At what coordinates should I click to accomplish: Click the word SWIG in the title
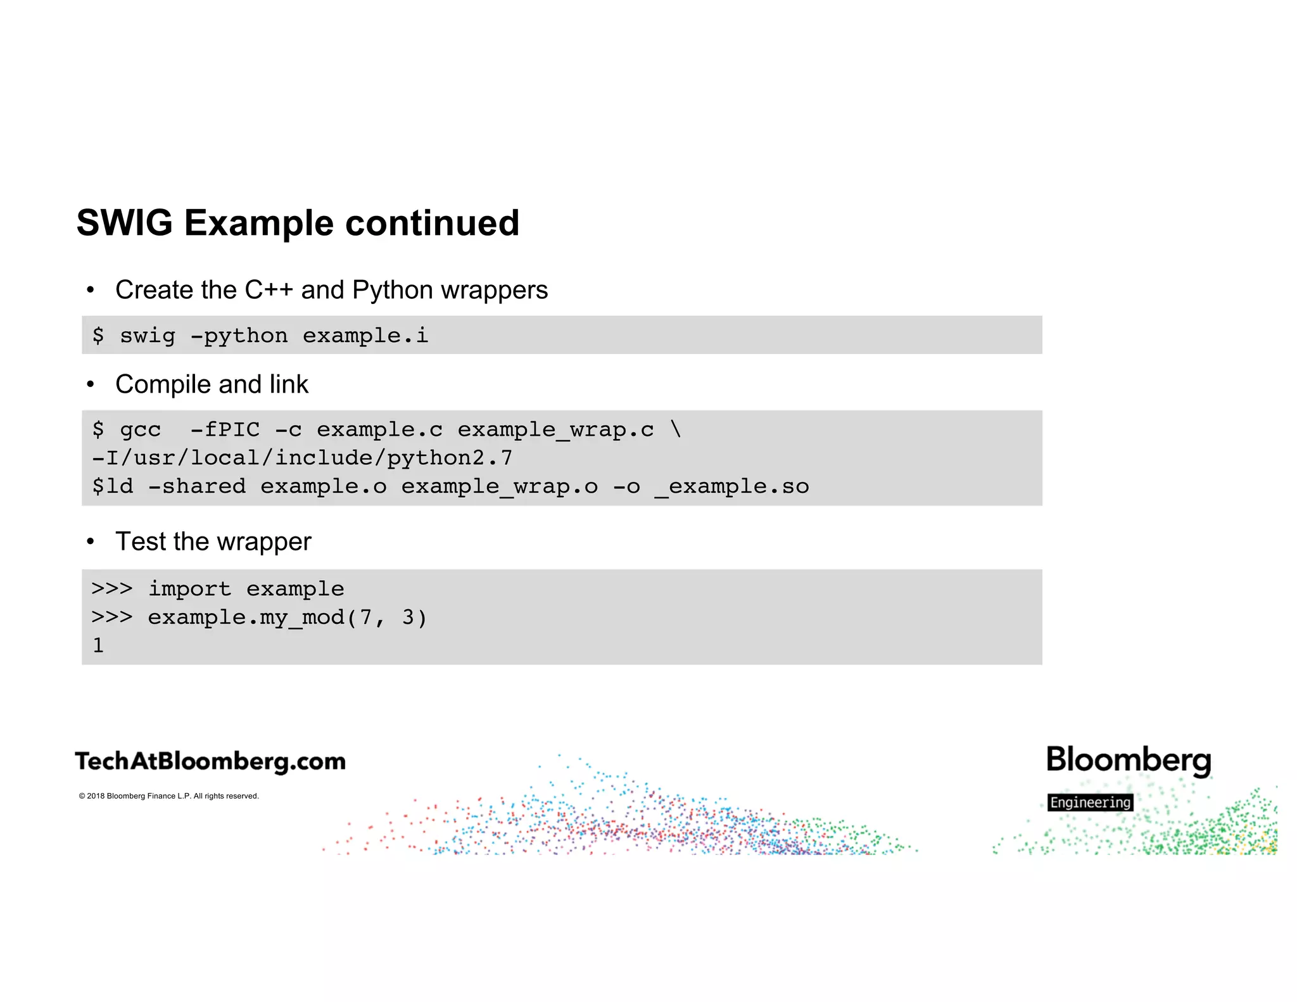point(125,223)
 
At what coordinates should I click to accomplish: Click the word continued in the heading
point(432,223)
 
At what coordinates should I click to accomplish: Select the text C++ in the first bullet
point(269,290)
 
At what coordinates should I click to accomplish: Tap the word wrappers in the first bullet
point(494,290)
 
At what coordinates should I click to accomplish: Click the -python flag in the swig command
point(239,335)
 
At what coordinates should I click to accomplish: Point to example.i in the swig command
point(365,335)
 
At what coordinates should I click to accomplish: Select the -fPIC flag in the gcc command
point(225,429)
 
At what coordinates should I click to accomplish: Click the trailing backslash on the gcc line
point(676,429)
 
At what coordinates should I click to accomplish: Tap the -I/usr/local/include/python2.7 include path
point(302,458)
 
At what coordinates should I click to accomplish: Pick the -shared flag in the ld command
point(196,486)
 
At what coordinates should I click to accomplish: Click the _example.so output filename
point(732,486)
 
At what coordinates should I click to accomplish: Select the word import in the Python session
point(189,589)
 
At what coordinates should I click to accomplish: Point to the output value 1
point(98,645)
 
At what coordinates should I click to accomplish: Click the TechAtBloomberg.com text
point(210,761)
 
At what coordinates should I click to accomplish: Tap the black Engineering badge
point(1090,802)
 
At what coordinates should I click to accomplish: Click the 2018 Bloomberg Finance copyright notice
point(168,796)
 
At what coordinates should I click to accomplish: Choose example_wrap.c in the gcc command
point(555,429)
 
